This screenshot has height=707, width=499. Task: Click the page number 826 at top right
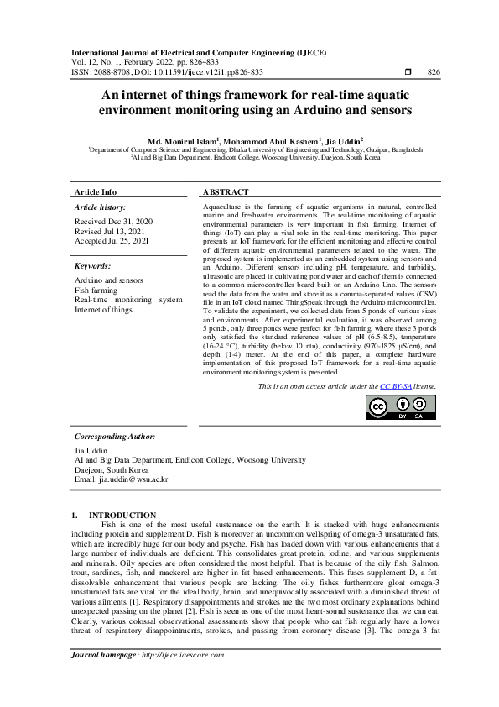[434, 72]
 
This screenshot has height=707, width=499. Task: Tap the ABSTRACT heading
[226, 192]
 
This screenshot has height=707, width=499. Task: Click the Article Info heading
[96, 192]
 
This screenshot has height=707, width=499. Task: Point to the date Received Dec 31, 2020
[113, 221]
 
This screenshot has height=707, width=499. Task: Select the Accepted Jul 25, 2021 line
[112, 241]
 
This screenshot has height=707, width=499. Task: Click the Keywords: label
[93, 265]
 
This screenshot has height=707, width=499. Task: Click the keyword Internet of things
[104, 310]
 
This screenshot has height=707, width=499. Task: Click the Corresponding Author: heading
[115, 437]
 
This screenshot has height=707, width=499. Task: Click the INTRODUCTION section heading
[122, 515]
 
